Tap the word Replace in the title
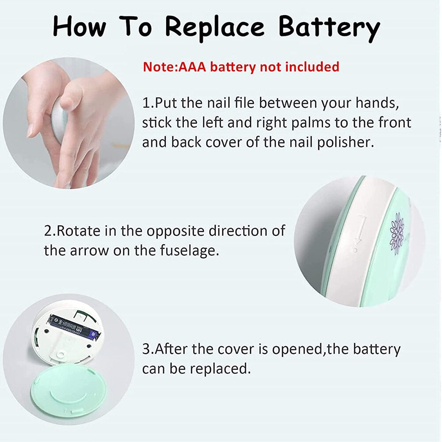pos(215,27)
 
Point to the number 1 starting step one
pos(146,103)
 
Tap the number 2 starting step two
pos(48,231)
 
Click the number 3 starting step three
pos(146,349)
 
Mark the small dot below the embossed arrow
pos(354,250)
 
